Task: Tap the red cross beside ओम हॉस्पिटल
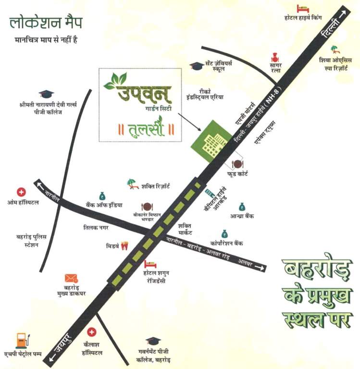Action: pos(21,192)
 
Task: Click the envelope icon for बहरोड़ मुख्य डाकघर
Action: pos(71,278)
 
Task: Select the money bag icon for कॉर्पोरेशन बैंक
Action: pos(224,233)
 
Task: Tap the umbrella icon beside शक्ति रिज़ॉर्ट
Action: pos(131,183)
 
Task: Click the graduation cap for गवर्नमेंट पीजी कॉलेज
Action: pos(153,341)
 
